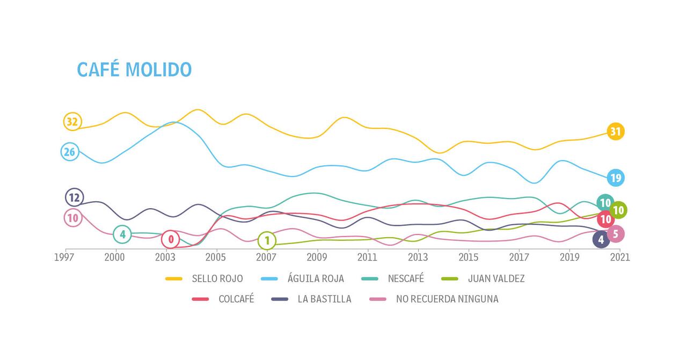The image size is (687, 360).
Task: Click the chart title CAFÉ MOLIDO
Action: click(134, 70)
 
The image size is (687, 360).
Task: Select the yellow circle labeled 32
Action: click(72, 122)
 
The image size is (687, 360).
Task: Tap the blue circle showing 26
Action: click(69, 152)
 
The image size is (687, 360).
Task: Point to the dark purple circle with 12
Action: click(74, 197)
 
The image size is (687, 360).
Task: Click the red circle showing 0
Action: click(171, 239)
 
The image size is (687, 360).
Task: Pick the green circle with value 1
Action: click(267, 240)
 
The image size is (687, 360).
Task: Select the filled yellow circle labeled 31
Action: click(616, 131)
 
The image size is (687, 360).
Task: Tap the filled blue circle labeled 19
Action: click(616, 178)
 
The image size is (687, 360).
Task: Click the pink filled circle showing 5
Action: click(616, 234)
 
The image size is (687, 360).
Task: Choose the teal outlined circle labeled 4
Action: click(122, 234)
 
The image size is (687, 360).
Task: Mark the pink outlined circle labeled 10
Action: click(72, 218)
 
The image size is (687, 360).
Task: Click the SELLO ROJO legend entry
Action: click(217, 278)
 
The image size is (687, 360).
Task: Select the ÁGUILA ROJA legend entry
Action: click(315, 278)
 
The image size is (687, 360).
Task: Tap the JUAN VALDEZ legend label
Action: click(496, 278)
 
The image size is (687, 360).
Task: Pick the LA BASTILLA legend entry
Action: click(324, 299)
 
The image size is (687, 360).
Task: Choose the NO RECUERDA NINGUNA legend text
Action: click(447, 299)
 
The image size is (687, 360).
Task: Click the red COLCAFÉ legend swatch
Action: click(200, 299)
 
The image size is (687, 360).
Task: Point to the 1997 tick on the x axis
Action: click(64, 258)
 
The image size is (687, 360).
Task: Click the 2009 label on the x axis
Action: click(317, 258)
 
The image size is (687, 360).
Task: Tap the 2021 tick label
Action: click(620, 258)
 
